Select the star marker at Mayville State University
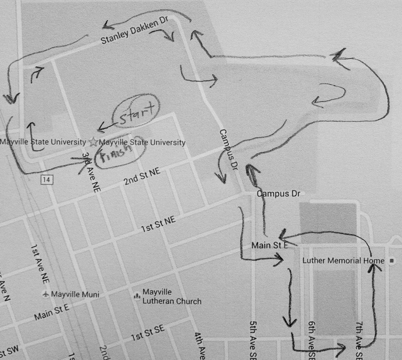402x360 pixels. pos(93,142)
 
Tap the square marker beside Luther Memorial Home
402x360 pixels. pos(392,261)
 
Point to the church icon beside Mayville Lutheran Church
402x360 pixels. pos(137,296)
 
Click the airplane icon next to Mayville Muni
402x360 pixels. pos(46,294)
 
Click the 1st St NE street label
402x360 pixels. pos(158,224)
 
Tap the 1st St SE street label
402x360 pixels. pos(148,332)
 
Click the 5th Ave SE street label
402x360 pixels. pos(253,339)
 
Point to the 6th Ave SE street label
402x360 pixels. pos(311,339)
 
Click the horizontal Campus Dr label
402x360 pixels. pos(279,194)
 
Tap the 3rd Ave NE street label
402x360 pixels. pos(91,173)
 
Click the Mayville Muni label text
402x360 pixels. pos(75,295)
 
